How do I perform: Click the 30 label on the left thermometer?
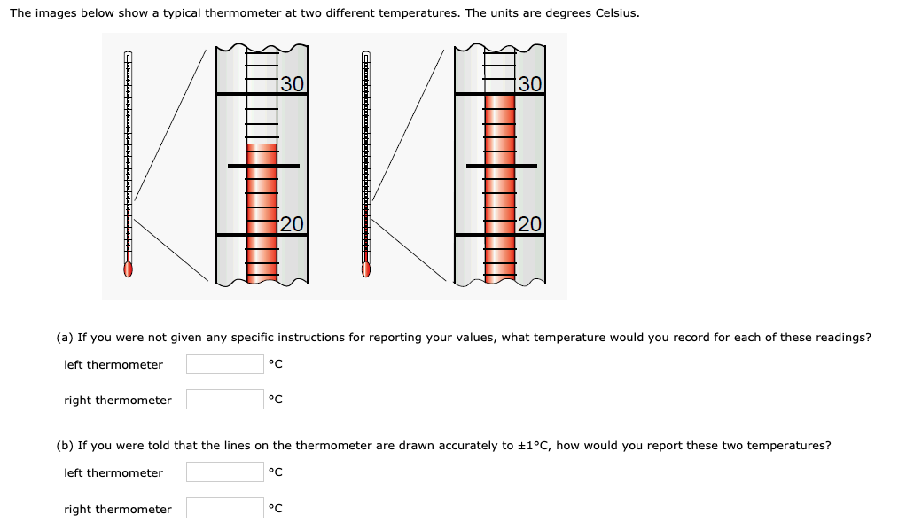292,84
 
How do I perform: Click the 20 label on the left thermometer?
292,224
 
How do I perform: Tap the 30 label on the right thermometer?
530,84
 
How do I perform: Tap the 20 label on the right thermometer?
530,224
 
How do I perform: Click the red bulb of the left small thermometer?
128,269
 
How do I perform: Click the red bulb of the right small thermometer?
365,269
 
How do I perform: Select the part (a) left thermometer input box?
224,364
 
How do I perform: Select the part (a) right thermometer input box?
224,400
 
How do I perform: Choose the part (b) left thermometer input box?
224,472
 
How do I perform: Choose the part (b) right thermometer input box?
224,508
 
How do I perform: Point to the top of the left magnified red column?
262,145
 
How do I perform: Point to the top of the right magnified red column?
500,97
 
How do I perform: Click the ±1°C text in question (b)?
532,446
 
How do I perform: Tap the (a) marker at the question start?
65,338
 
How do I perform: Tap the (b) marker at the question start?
65,446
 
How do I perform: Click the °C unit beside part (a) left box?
275,364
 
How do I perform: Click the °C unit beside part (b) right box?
275,508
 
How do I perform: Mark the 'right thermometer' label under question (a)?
118,401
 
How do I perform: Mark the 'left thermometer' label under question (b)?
113,473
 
